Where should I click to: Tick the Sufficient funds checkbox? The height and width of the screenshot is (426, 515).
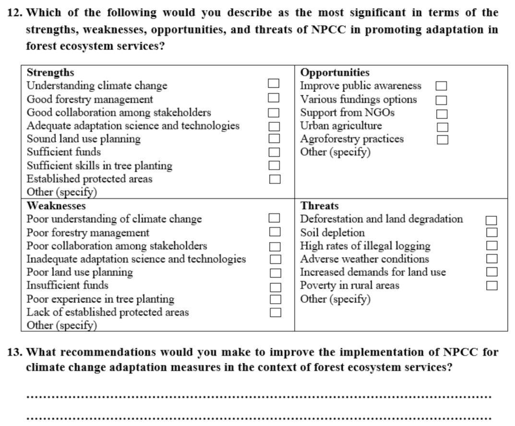[274, 152]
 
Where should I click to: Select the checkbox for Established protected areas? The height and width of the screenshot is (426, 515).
[274, 179]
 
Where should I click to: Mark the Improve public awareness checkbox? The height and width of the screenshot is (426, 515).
[441, 86]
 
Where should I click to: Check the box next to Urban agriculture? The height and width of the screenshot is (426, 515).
[441, 127]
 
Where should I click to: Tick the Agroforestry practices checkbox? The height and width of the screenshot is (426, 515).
[441, 140]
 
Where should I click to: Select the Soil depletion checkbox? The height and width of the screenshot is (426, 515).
[491, 233]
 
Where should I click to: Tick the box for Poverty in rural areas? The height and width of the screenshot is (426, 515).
[491, 286]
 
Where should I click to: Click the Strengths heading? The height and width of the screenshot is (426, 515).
[50, 73]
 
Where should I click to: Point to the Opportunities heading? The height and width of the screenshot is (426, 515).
[335, 73]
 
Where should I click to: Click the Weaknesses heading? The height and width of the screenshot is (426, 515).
[56, 206]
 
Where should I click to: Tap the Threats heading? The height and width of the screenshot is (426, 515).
[319, 206]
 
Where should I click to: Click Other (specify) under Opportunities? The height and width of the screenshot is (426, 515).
[335, 152]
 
